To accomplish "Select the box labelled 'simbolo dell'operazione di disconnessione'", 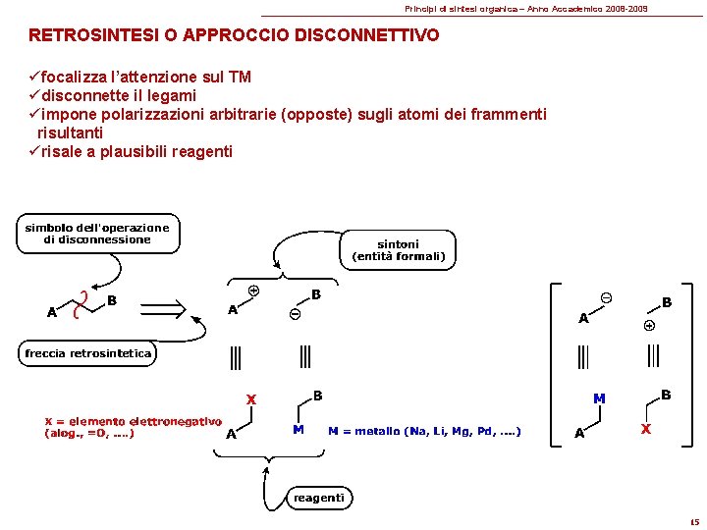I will (x=97, y=234).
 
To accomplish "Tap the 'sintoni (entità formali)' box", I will (x=398, y=250).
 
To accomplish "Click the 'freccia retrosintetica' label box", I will (x=88, y=353).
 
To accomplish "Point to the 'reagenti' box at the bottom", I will (x=319, y=498).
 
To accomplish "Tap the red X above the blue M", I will (x=251, y=399).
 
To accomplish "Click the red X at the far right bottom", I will (x=645, y=429).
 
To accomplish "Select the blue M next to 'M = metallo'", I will (x=298, y=429).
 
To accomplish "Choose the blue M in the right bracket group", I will (x=598, y=398).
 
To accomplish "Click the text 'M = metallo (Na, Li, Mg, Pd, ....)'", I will (x=424, y=431).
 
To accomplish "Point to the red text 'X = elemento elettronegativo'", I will (x=133, y=421).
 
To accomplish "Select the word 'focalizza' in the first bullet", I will (x=75, y=78).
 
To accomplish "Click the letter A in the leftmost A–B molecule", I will (x=51, y=313).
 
